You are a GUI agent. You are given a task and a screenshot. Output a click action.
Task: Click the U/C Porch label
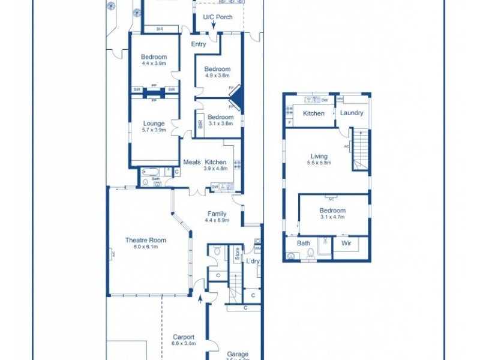click(217, 17)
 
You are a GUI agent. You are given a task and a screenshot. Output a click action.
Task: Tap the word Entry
click(199, 44)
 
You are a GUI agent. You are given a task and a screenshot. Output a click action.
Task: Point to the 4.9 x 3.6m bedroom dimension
click(217, 76)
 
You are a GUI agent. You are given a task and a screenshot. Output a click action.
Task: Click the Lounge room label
click(154, 124)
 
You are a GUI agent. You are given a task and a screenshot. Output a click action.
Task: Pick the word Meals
click(191, 162)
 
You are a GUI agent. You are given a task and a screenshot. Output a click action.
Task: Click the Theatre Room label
click(145, 240)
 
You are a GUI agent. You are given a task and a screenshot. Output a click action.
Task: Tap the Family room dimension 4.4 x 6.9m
click(217, 220)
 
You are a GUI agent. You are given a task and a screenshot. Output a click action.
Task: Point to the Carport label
click(184, 337)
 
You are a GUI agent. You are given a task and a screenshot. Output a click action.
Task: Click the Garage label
click(238, 354)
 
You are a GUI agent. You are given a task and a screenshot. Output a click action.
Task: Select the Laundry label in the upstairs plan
click(352, 113)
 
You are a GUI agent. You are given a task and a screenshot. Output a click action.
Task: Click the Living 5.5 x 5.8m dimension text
click(319, 163)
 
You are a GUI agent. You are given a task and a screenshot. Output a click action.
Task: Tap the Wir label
click(346, 243)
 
